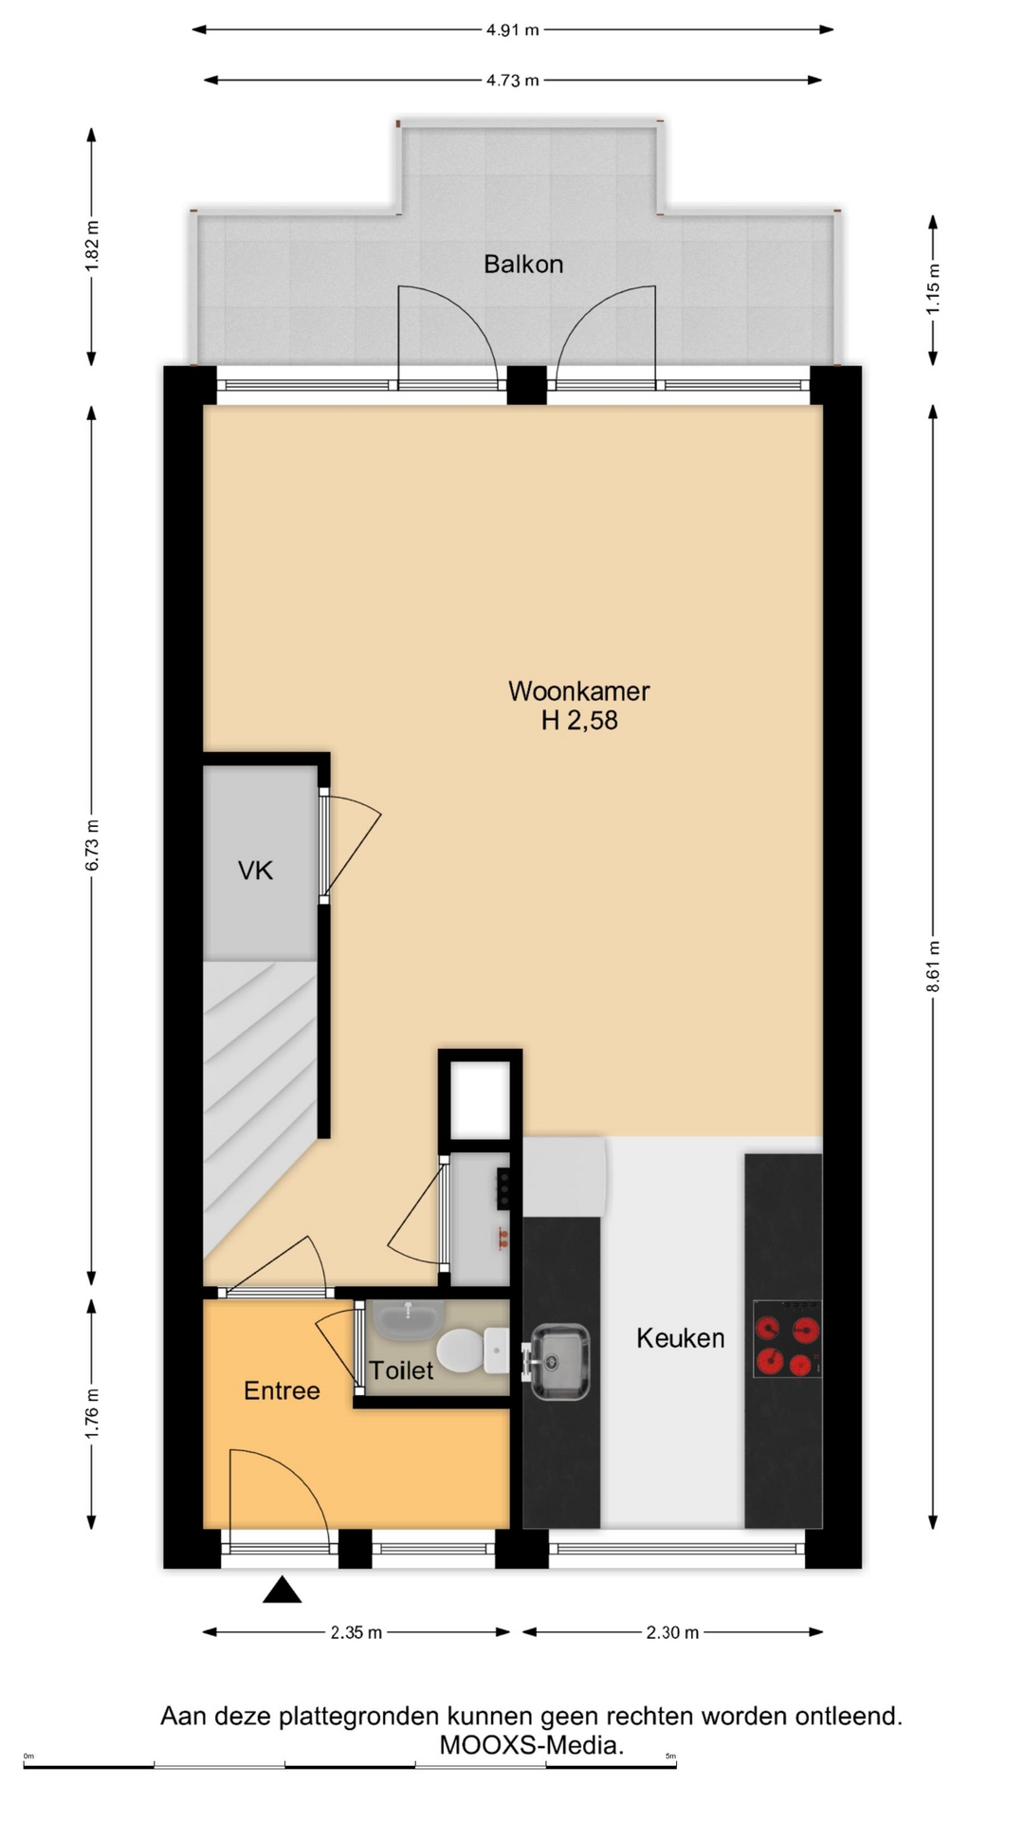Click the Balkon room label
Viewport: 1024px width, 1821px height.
point(523,264)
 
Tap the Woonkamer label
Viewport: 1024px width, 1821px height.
point(579,691)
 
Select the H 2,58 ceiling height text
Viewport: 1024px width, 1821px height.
point(579,721)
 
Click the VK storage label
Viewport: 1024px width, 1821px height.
point(255,871)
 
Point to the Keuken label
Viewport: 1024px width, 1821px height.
point(681,1338)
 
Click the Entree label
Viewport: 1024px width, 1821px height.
point(282,1390)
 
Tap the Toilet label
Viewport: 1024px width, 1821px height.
point(401,1370)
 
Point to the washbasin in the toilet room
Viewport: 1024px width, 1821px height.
point(408,1318)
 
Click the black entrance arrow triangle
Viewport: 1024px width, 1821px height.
point(282,1590)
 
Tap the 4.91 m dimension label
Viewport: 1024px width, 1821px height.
point(513,30)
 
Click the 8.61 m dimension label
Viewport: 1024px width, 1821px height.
point(934,966)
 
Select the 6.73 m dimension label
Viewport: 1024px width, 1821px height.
point(92,845)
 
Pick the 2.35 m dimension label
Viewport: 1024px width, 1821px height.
point(357,1632)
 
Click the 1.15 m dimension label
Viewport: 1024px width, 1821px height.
point(934,288)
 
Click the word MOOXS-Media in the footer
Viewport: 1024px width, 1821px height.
point(532,1744)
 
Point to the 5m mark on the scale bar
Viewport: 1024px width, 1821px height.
point(670,1757)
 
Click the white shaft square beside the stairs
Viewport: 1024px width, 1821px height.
point(480,1099)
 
